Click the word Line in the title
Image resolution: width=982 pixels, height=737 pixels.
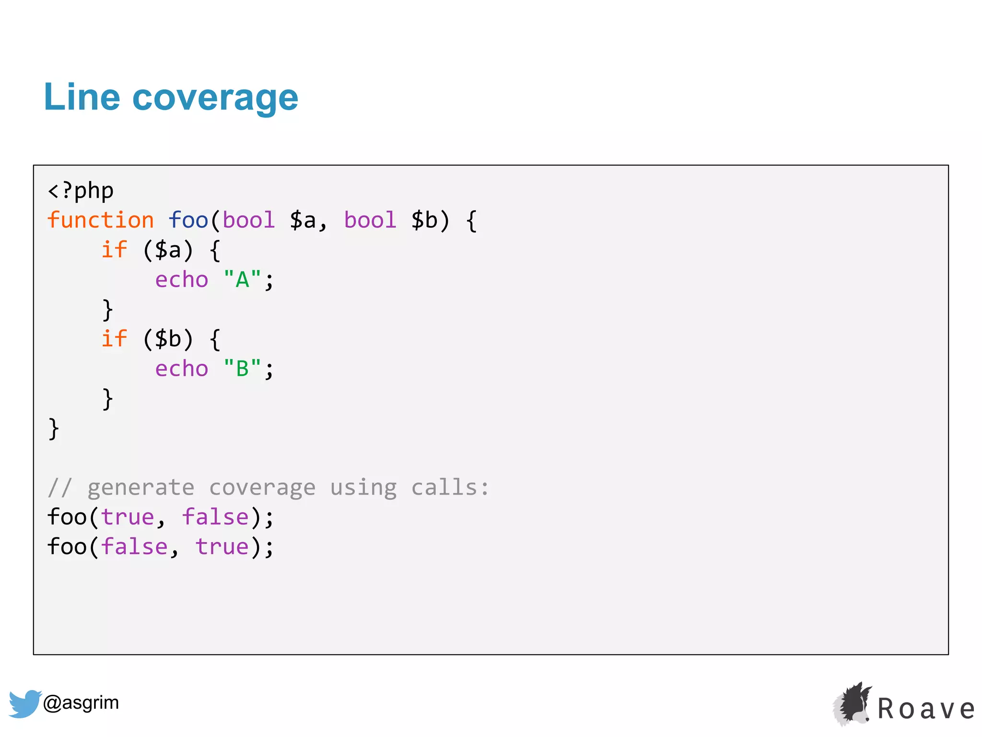coord(82,97)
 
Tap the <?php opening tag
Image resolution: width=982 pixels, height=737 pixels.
coord(81,190)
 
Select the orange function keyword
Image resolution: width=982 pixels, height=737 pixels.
coord(101,220)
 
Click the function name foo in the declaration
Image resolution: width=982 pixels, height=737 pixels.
coord(188,220)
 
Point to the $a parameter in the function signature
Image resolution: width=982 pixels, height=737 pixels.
coord(303,220)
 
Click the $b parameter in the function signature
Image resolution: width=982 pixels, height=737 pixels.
coord(425,220)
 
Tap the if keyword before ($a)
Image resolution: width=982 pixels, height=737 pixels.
coord(114,250)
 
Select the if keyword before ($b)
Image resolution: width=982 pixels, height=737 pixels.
coord(114,339)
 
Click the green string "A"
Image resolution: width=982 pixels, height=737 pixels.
coord(242,280)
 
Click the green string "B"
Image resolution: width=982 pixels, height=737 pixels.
coord(242,369)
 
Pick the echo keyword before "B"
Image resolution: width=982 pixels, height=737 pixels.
coord(182,369)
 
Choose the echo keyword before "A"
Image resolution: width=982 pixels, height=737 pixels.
coord(182,280)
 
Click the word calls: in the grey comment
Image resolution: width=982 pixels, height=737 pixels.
coord(450,487)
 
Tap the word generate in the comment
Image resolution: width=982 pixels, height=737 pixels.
coord(141,487)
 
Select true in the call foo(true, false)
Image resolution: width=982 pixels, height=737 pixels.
coord(128,517)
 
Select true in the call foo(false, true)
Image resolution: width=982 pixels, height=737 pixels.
coord(222,547)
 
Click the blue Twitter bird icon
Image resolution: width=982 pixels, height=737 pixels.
coord(24,703)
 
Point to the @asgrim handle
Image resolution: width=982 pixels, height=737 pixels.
coord(81,702)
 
